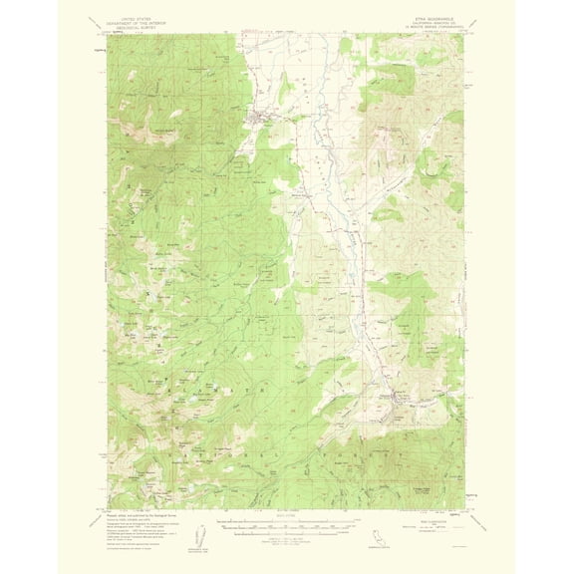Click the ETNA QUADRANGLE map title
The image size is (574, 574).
pyautogui.click(x=422, y=18)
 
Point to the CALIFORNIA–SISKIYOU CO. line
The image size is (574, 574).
pyautogui.click(x=422, y=23)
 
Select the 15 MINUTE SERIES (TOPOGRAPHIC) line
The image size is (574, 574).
pyautogui.click(x=422, y=28)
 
